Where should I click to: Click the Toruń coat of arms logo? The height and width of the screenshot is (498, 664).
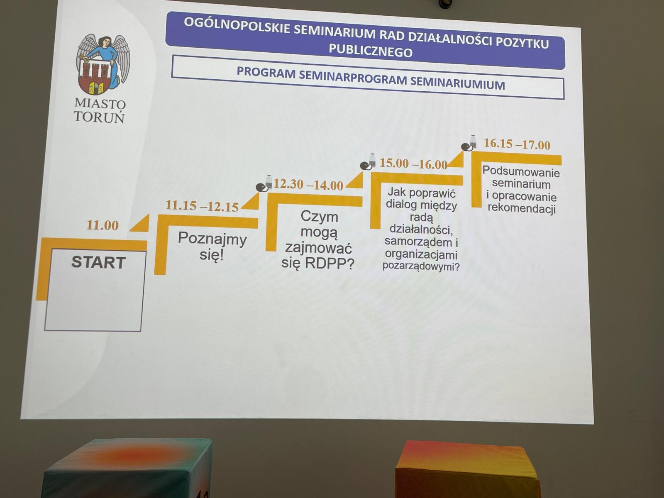click(x=103, y=64)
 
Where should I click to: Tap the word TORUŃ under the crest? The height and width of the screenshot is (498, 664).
click(x=100, y=117)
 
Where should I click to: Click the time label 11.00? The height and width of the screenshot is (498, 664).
click(x=103, y=225)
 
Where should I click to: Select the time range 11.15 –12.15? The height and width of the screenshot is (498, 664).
click(x=202, y=206)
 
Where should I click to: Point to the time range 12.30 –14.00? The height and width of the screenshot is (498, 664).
click(x=308, y=184)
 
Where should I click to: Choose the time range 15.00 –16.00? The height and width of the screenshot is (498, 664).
click(x=413, y=164)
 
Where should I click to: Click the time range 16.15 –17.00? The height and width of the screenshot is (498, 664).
click(x=517, y=144)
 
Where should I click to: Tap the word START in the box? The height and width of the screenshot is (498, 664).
click(x=98, y=262)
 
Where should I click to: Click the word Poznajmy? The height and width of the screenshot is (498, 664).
click(x=212, y=239)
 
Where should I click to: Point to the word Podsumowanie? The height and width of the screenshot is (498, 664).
click(x=521, y=172)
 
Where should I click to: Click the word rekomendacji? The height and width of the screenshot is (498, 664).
click(x=522, y=209)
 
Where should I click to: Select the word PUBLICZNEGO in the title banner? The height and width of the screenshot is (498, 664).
click(x=371, y=51)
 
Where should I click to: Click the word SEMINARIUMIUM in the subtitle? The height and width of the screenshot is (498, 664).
click(x=456, y=83)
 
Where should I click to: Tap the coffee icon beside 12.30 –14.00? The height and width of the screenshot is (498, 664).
click(x=264, y=183)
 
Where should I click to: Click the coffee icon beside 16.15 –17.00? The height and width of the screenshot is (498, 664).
click(x=469, y=143)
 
